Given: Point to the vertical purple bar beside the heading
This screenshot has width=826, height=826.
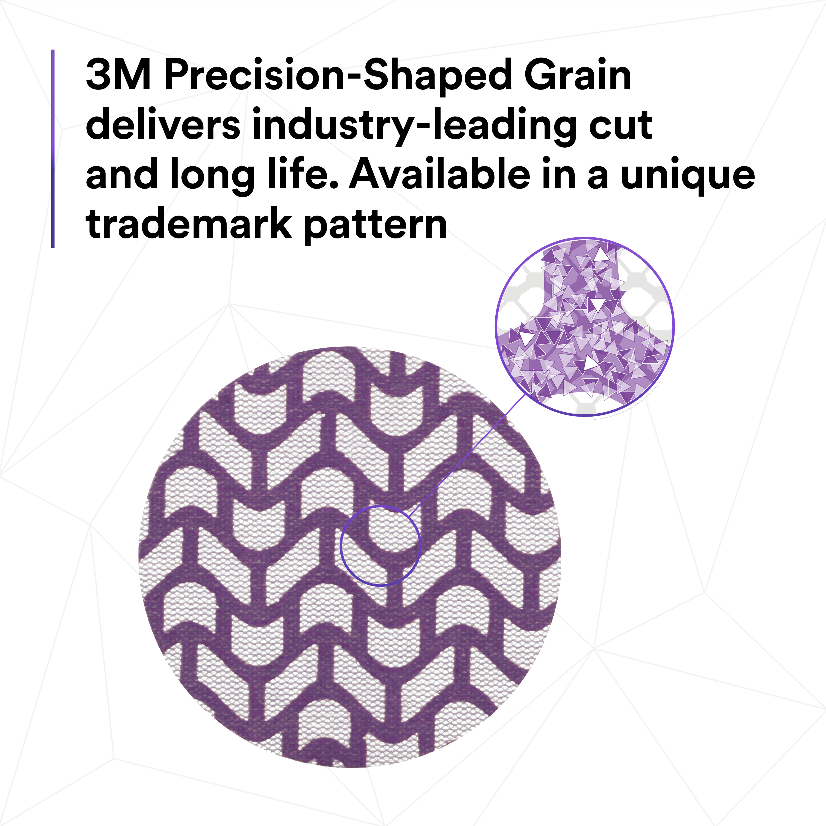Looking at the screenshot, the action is pos(53,148).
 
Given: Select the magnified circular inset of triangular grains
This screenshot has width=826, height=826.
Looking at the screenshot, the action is pos(585,327).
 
